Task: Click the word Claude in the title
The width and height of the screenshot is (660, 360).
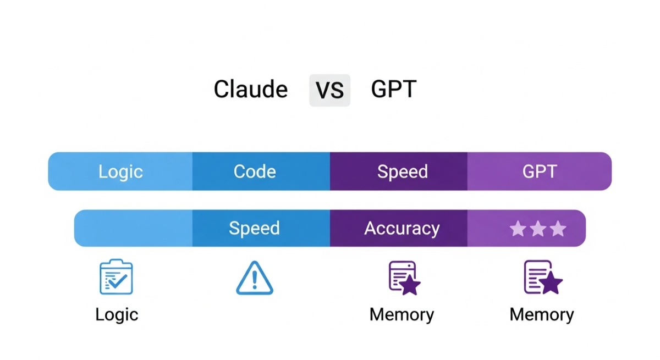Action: click(x=250, y=89)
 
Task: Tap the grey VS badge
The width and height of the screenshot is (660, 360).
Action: click(x=329, y=90)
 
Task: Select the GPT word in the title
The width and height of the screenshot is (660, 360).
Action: click(x=393, y=89)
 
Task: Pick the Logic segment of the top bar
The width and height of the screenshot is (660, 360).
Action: click(x=120, y=171)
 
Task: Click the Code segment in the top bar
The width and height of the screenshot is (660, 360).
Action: click(x=255, y=171)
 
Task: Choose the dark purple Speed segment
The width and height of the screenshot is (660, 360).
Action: click(x=402, y=171)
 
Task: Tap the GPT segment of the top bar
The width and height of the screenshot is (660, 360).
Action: click(x=539, y=171)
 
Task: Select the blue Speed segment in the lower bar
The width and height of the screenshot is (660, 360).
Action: click(x=254, y=228)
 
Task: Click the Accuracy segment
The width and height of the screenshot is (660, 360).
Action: click(x=402, y=228)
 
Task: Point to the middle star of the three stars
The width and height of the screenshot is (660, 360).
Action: click(x=538, y=229)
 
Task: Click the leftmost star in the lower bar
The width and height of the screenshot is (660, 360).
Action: click(x=518, y=229)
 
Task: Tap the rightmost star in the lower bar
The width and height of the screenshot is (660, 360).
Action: click(x=558, y=229)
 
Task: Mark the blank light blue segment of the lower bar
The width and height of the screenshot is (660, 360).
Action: click(x=134, y=228)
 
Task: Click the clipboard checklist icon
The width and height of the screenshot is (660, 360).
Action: click(x=116, y=277)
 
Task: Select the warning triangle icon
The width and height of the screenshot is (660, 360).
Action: click(x=254, y=278)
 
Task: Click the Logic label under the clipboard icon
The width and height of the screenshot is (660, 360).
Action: click(x=117, y=314)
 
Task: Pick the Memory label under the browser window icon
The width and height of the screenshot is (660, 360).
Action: click(x=402, y=314)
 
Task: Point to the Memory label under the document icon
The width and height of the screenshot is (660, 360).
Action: click(x=542, y=314)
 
